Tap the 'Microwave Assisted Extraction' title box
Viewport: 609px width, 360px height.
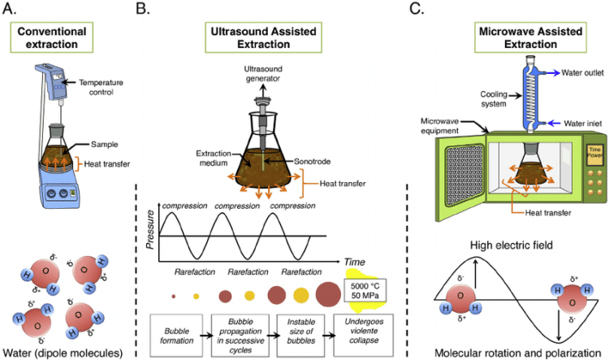tap(516, 37)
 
